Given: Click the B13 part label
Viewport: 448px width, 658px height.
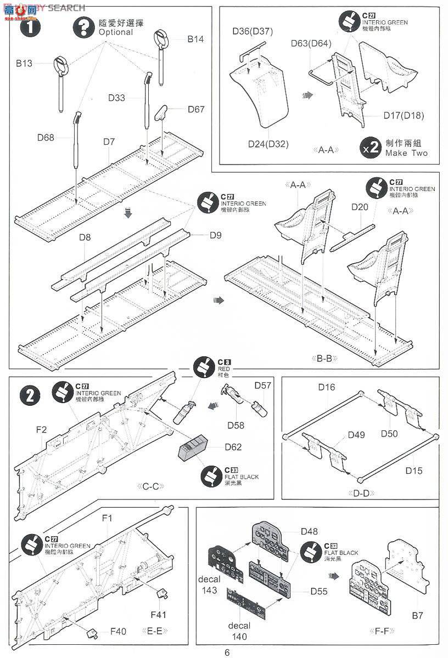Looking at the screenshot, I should click(24, 63).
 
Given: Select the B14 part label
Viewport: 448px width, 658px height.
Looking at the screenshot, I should click(195, 39).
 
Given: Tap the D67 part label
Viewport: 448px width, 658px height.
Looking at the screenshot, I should click(196, 109).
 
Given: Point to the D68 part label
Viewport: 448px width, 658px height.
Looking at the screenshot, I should click(46, 137).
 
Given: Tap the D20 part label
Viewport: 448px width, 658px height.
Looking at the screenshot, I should click(360, 207).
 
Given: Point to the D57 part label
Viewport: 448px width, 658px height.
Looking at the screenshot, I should click(263, 385).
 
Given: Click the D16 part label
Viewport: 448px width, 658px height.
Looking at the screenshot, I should click(327, 387).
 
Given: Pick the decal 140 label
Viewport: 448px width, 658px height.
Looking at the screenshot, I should click(239, 631).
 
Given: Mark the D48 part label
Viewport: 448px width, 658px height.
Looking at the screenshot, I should click(309, 531).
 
